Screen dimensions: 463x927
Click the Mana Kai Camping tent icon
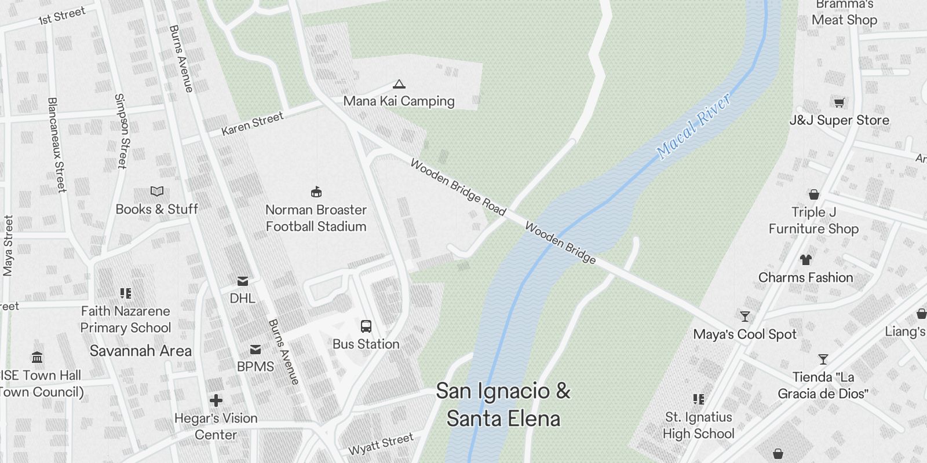click(x=399, y=84)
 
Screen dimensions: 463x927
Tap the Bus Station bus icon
click(x=366, y=326)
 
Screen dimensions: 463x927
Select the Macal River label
click(x=694, y=127)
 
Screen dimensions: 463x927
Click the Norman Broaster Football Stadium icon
click(x=316, y=192)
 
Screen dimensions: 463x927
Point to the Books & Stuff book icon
click(x=157, y=191)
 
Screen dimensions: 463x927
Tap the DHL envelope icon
click(x=243, y=281)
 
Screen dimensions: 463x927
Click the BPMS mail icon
click(x=256, y=350)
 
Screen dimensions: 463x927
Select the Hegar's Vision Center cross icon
click(x=216, y=400)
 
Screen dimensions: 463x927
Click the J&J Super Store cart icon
click(x=839, y=103)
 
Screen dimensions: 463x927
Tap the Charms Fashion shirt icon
click(x=806, y=260)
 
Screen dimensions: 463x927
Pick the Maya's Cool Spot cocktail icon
click(x=745, y=317)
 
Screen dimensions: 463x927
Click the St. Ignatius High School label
click(x=698, y=425)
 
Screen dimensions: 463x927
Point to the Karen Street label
click(x=253, y=124)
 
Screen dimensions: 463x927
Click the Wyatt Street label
click(x=381, y=444)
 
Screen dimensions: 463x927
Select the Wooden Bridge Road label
click(x=458, y=187)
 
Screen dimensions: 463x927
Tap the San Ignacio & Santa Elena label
click(x=503, y=405)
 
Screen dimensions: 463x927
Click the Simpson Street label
click(x=121, y=131)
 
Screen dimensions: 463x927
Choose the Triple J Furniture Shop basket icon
click(x=814, y=194)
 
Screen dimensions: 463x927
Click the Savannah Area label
click(x=140, y=351)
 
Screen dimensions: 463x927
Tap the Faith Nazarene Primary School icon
click(x=126, y=293)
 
